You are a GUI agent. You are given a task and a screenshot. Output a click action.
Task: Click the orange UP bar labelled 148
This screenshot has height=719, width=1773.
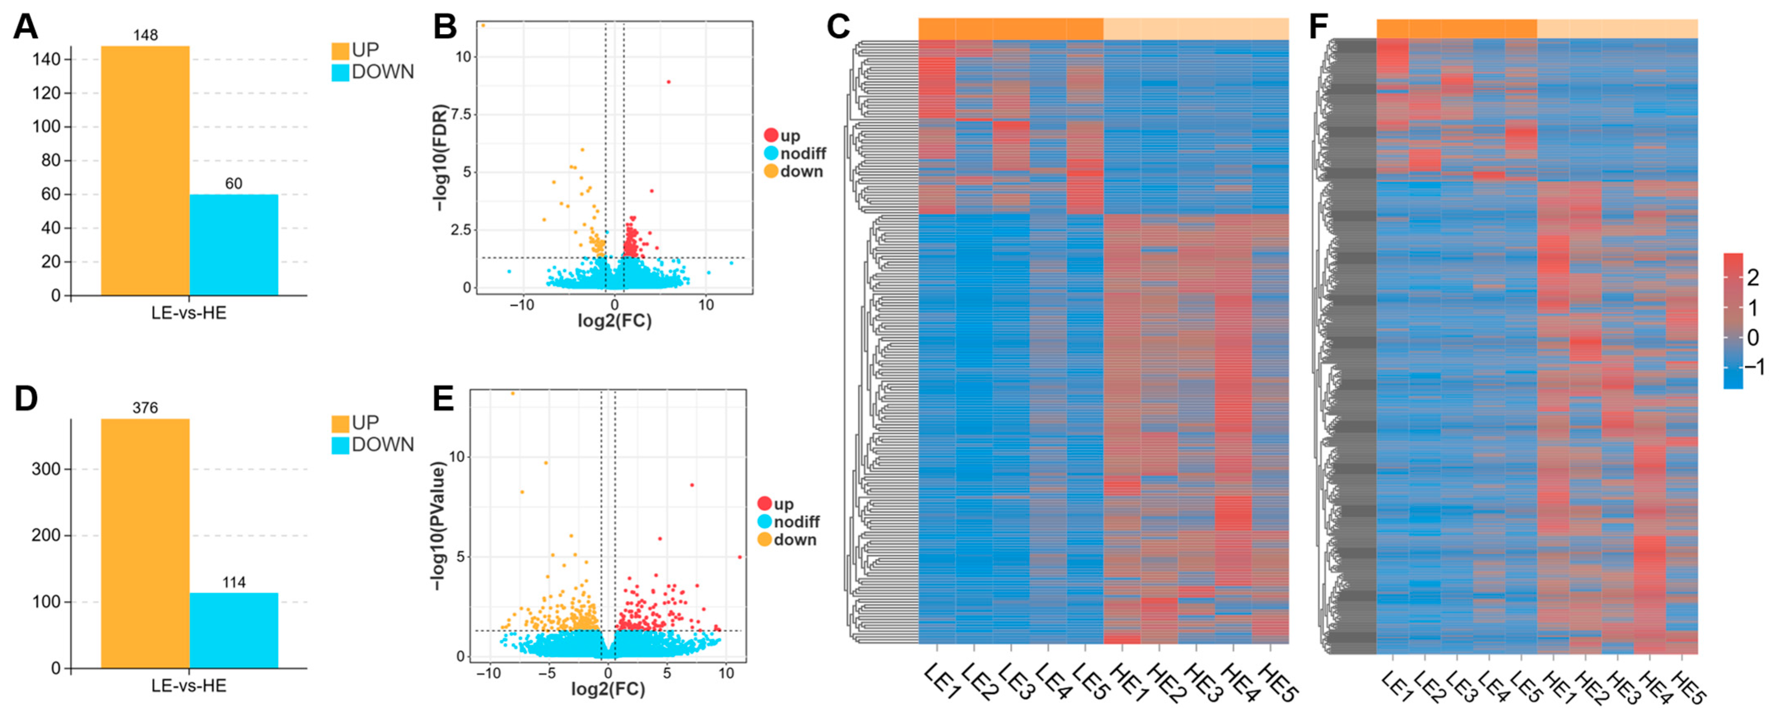pyautogui.click(x=145, y=171)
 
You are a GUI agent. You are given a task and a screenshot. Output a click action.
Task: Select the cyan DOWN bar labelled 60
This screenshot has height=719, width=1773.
pyautogui.click(x=234, y=245)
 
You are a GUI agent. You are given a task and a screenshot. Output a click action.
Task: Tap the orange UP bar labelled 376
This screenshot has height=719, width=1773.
pyautogui.click(x=145, y=543)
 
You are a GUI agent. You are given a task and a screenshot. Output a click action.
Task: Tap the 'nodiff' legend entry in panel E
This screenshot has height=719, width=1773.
pyautogui.click(x=796, y=522)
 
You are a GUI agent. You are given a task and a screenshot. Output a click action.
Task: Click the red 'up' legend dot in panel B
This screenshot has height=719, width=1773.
pyautogui.click(x=771, y=136)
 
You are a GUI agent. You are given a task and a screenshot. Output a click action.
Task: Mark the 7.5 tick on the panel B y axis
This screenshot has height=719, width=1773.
pyautogui.click(x=461, y=114)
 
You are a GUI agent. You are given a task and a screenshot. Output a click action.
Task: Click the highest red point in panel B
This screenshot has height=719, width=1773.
pyautogui.click(x=668, y=82)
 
